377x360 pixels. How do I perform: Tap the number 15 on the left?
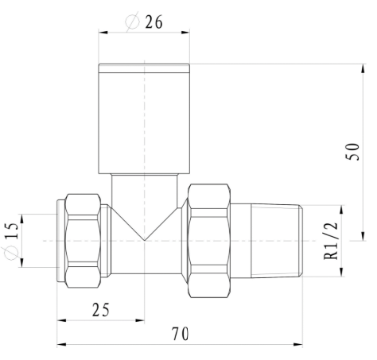[10, 231]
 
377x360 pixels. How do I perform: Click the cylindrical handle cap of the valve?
[144, 118]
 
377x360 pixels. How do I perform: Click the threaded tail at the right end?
[279, 241]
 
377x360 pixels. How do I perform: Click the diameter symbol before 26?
[132, 22]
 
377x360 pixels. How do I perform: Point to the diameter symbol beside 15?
[10, 254]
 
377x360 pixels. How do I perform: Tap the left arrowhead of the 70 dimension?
[61, 345]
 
